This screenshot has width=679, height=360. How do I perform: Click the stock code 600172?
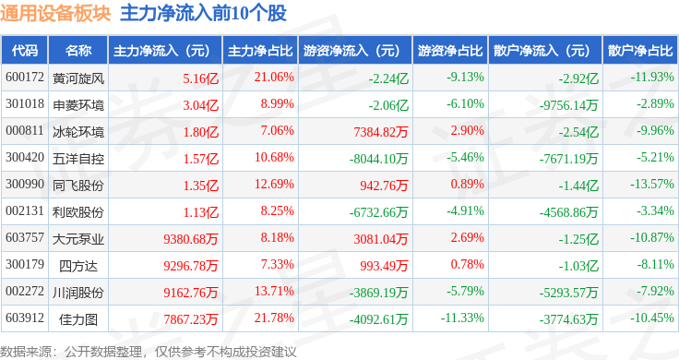pos(25,78)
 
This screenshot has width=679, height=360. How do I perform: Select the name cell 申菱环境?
pos(78,105)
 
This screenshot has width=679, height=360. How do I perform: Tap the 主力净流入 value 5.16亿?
pos(200,78)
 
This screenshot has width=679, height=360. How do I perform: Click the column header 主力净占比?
pos(260,51)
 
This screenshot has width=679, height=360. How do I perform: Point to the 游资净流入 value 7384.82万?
pos(381,132)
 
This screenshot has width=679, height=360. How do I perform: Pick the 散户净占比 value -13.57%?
pos(651,184)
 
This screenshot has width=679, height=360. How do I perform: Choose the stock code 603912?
pos(25,318)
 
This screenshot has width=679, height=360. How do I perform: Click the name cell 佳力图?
pos(78,319)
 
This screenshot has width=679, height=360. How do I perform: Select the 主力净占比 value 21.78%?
pos(274,318)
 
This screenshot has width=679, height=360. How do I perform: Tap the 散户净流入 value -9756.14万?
pos(568,105)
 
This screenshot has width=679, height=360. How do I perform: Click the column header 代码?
pos(25,51)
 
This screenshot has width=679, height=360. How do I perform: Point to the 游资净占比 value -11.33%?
pos(462,318)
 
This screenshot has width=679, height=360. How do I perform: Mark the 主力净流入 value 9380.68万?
pos(191,239)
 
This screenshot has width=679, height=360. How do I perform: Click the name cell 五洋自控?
pos(78,159)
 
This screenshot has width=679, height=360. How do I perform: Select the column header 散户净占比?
pos(640,51)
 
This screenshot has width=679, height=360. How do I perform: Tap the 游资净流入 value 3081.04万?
pos(381,239)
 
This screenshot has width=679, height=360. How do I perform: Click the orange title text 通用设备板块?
pos(55,14)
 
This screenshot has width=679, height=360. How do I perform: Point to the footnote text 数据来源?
pos(25,352)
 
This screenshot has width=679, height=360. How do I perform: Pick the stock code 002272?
pos(25,291)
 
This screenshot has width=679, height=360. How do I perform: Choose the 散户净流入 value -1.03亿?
pos(578,266)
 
